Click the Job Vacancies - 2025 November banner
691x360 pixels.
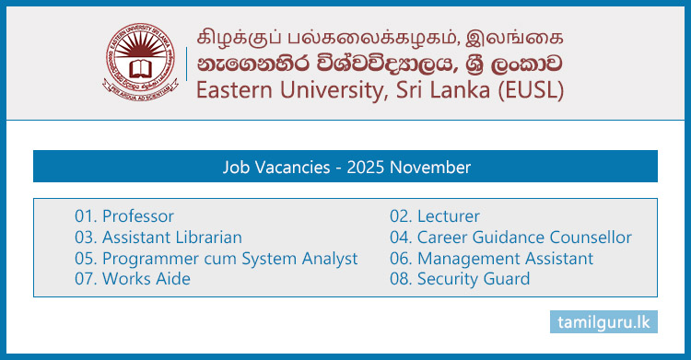point(345,168)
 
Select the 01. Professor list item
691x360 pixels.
point(124,216)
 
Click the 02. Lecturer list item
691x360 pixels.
point(435,216)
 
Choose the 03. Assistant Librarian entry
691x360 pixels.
point(158,238)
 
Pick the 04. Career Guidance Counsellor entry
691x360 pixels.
point(510,238)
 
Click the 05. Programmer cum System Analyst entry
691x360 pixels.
point(217,259)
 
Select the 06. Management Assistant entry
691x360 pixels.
point(491,259)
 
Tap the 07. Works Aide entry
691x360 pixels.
point(133,279)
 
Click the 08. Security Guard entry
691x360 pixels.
point(460,279)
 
